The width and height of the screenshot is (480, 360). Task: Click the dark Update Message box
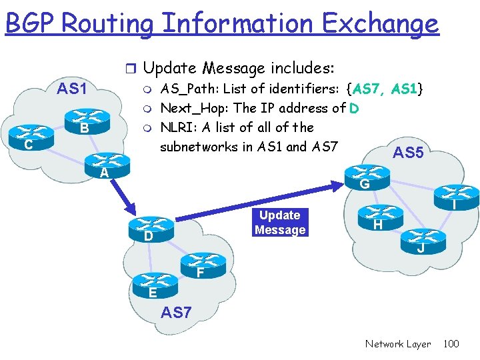pos(280,223)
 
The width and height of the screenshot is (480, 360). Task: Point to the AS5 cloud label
pos(408,153)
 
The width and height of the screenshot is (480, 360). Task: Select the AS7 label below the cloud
pos(177,311)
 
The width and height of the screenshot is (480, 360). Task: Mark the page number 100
pos(451,344)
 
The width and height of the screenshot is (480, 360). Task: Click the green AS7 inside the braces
pos(367,88)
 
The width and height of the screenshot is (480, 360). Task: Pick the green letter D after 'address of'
pos(356,108)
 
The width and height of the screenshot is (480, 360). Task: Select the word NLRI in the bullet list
pos(176,127)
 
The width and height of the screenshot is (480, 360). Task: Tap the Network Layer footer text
pos(398,344)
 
